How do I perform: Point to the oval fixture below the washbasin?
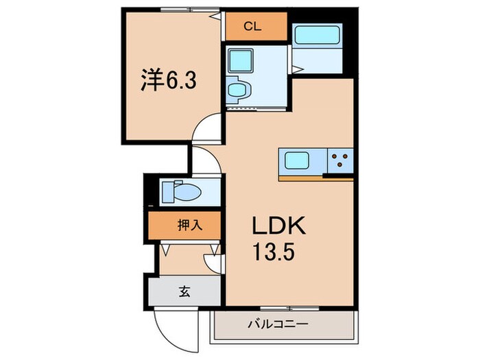[x=237, y=89]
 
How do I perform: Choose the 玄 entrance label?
[x=184, y=291]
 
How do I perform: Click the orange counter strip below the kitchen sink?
[x=302, y=178]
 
